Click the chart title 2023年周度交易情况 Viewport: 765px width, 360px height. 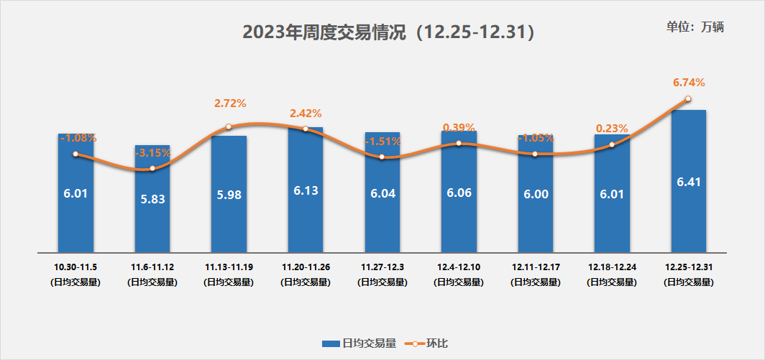389,32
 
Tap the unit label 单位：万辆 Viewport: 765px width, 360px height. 695,27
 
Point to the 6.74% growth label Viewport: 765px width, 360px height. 688,83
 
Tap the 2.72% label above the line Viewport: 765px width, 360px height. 230,103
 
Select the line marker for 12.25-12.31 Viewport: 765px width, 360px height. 688,99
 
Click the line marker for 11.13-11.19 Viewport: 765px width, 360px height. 229,126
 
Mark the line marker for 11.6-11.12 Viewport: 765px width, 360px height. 152,169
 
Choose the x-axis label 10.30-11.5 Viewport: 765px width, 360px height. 75,267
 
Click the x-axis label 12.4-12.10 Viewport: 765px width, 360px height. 459,267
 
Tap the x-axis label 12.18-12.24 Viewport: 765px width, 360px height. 612,267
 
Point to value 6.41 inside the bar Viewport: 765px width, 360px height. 688,182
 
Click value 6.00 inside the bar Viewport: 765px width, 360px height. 536,193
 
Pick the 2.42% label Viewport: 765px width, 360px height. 306,114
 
